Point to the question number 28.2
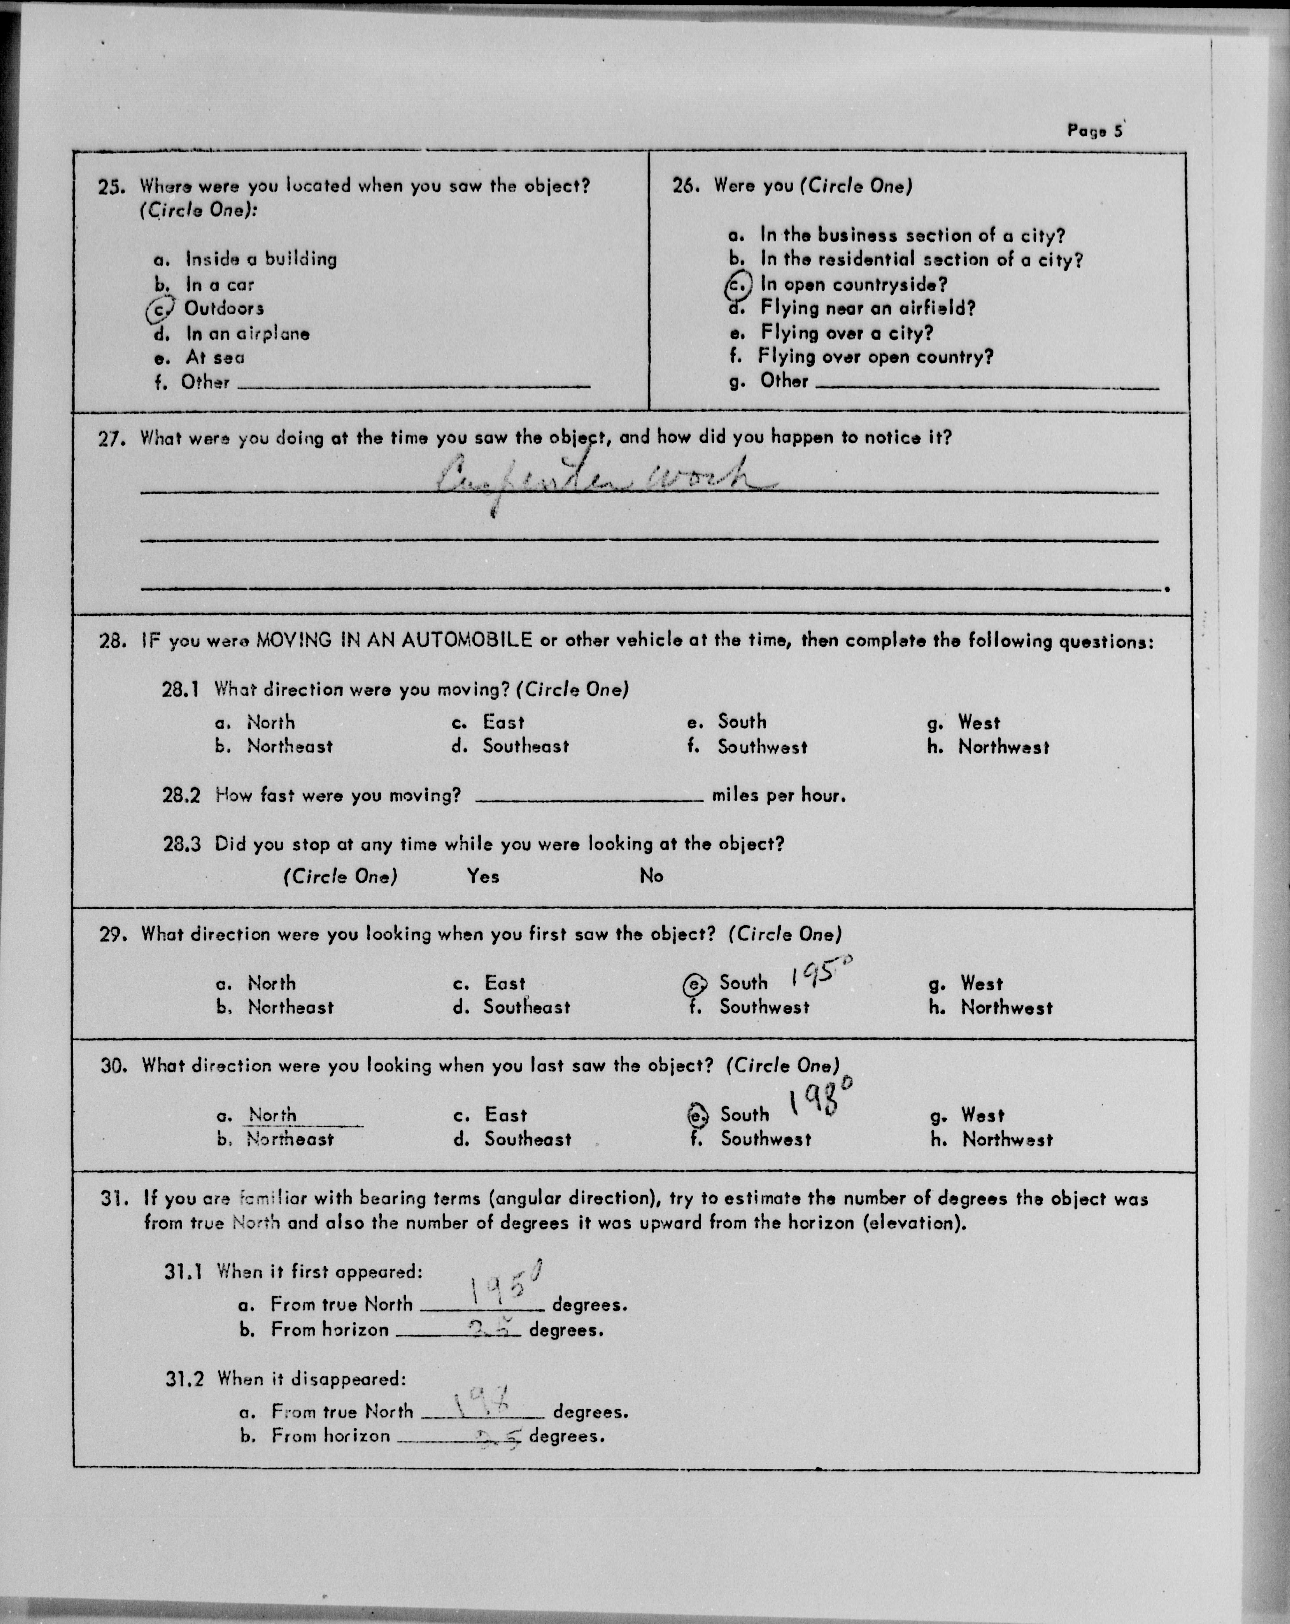point(181,796)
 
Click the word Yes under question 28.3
point(483,876)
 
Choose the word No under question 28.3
point(651,876)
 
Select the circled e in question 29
point(695,984)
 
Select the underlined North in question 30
point(273,1115)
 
